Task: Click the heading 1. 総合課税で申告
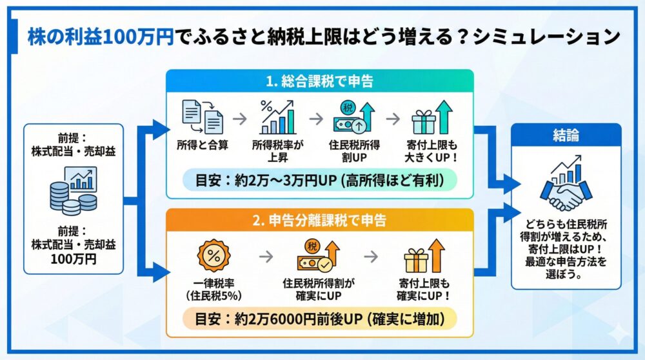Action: click(320, 82)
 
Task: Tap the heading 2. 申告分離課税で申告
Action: click(321, 220)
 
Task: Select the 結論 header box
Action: click(566, 135)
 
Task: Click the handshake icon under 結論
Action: click(566, 187)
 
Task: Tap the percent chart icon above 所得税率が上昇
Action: click(277, 117)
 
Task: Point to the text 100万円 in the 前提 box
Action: click(73, 259)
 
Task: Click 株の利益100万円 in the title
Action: click(100, 37)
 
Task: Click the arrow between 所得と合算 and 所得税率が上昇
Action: click(239, 119)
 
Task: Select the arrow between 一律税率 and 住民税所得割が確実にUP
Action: click(265, 256)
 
